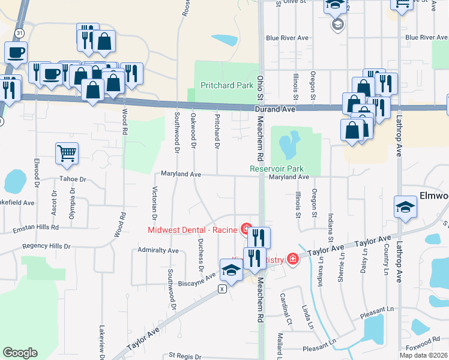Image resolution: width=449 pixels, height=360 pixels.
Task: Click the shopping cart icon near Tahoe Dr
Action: [x=67, y=153]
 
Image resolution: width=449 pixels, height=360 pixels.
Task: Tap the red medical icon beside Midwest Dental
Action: [x=246, y=229]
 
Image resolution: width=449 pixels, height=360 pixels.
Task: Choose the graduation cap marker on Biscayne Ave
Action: [x=231, y=269]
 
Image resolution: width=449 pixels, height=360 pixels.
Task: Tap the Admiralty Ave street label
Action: [x=158, y=250]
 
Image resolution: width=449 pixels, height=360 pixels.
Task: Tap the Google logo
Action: [x=20, y=353]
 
